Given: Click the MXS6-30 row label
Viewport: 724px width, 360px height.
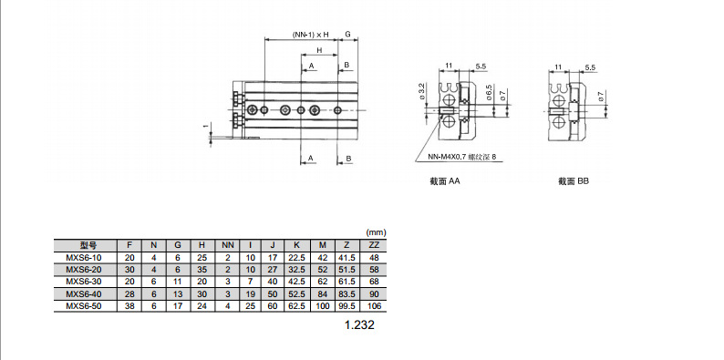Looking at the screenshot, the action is (83, 282).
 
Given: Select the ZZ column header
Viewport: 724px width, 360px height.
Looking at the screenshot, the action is (374, 245).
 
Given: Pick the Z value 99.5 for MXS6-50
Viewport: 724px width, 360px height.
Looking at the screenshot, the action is (346, 306).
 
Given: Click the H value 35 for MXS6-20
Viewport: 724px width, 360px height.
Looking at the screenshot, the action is (202, 270).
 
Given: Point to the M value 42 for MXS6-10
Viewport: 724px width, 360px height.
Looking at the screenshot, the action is (322, 258).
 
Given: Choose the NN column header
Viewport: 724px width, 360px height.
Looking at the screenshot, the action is (228, 245).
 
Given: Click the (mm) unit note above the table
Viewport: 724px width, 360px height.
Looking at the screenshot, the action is (376, 232).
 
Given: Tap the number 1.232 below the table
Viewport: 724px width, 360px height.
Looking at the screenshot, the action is (359, 325).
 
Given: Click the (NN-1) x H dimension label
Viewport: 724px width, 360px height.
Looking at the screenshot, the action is (310, 35).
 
